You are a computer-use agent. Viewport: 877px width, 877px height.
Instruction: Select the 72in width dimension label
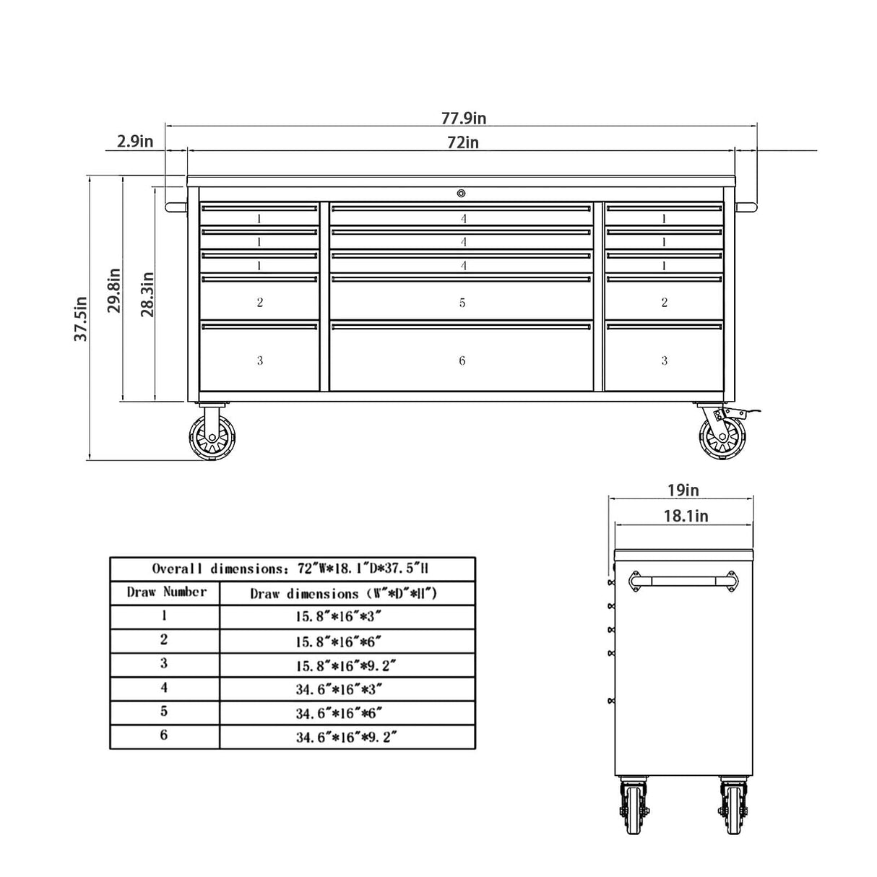[463, 142]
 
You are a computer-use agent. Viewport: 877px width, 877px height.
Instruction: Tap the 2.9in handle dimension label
[135, 142]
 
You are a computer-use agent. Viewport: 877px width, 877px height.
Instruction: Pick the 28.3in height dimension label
[147, 294]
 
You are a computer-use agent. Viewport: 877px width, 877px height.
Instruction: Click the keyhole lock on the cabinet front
[461, 193]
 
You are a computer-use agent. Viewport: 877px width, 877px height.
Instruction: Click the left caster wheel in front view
[209, 438]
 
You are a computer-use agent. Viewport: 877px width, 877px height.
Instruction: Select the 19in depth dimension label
[682, 491]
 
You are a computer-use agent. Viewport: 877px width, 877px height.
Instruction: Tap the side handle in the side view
[683, 581]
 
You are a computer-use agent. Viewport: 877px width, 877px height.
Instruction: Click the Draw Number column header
[165, 593]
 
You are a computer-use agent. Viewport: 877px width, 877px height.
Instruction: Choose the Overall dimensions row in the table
[292, 569]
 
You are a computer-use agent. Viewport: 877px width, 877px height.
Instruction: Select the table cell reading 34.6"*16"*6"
[347, 713]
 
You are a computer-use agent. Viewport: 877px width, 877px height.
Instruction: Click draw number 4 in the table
[165, 688]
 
